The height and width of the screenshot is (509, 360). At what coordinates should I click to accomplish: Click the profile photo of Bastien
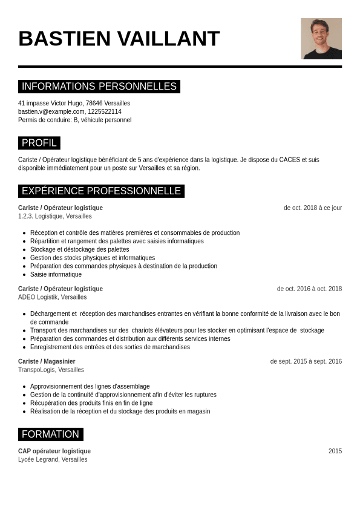321,39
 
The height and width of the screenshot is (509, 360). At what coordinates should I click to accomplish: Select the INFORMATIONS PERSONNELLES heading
99,87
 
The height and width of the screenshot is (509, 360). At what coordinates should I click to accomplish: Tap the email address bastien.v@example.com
51,111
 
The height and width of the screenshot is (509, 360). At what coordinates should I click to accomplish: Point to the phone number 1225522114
105,111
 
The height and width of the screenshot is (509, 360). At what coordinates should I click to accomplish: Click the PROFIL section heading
39,143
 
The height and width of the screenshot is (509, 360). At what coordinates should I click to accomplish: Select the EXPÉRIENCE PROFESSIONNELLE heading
101,191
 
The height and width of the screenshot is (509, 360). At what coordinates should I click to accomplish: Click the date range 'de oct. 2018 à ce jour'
312,208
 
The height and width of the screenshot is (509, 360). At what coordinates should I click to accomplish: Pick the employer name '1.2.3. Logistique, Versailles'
55,216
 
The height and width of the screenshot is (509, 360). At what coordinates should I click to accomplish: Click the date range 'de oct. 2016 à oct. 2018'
309,289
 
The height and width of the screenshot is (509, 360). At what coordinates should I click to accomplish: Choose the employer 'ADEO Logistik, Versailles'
52,297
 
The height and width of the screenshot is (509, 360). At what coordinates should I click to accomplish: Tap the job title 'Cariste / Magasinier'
47,361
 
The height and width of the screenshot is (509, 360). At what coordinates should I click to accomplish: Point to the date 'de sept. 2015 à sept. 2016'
306,361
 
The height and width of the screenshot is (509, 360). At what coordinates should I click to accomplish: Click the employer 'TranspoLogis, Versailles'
51,370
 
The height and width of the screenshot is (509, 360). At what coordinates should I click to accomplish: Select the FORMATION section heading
51,435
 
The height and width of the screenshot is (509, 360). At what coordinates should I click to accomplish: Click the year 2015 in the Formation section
335,451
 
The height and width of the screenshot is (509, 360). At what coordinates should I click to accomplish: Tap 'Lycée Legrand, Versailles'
53,459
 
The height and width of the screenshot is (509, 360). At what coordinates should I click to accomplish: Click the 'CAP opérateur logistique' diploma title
54,451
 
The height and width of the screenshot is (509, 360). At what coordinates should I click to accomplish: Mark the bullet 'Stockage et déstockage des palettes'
79,249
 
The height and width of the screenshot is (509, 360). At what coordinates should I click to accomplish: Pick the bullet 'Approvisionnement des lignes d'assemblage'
90,386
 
